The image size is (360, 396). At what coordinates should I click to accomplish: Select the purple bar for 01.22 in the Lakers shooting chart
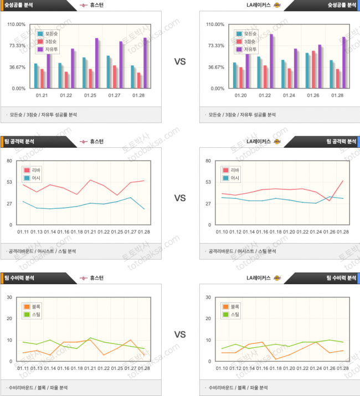click(x=271, y=61)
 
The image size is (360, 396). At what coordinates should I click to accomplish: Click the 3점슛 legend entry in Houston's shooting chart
click(x=48, y=42)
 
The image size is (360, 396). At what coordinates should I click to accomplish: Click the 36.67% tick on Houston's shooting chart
click(x=17, y=67)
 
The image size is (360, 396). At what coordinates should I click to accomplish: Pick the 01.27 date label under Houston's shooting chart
click(x=114, y=95)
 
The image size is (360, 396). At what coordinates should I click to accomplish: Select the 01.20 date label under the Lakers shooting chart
click(x=241, y=95)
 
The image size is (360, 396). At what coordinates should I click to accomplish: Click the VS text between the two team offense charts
click(x=180, y=198)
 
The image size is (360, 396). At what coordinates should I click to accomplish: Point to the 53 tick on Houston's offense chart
click(x=9, y=182)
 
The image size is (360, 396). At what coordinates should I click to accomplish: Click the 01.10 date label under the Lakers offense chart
click(x=221, y=232)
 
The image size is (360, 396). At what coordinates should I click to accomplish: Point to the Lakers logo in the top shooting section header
click(x=277, y=4)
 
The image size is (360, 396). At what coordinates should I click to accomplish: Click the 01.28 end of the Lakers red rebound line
click(x=343, y=181)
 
